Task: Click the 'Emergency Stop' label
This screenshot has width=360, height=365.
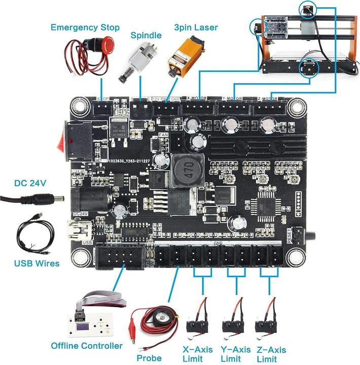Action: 85,27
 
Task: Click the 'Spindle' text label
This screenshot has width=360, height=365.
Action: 146,35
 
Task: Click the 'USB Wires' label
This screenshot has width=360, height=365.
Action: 37,264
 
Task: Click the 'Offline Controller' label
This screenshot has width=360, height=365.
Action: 87,346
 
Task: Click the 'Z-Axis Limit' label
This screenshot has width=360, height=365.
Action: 270,354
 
